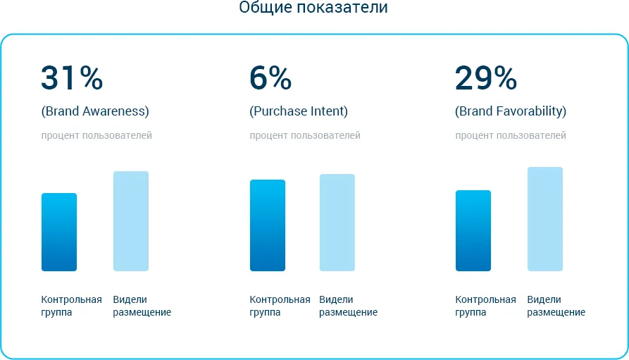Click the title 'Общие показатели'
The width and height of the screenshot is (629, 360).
[x=313, y=7]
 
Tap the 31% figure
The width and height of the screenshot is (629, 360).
[x=72, y=77]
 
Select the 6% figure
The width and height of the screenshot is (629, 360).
[x=270, y=77]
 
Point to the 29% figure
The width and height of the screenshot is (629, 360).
[x=486, y=77]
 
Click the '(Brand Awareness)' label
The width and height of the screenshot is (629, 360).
[x=95, y=111]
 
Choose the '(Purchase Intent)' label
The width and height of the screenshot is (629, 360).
[x=299, y=111]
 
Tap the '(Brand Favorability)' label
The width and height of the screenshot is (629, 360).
[x=511, y=111]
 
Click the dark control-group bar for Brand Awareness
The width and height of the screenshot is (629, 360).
[x=59, y=232]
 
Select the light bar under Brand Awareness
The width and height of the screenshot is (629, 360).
[x=131, y=221]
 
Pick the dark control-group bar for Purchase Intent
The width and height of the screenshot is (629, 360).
[x=268, y=225]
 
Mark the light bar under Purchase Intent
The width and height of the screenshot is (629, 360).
[x=337, y=223]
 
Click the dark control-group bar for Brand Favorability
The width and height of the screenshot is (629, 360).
[x=473, y=231]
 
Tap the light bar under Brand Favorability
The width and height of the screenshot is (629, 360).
[x=544, y=219]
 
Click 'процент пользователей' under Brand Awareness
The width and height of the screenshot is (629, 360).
[x=96, y=136]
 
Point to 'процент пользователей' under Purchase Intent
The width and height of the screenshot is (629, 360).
[x=305, y=136]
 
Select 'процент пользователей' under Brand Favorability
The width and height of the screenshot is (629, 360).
[x=510, y=136]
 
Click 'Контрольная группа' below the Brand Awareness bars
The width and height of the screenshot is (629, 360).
[x=71, y=306]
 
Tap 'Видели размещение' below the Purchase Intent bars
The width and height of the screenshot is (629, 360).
[x=348, y=306]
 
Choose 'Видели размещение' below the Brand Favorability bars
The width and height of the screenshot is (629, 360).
[x=556, y=306]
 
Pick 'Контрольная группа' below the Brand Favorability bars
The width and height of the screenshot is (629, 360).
[x=485, y=306]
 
